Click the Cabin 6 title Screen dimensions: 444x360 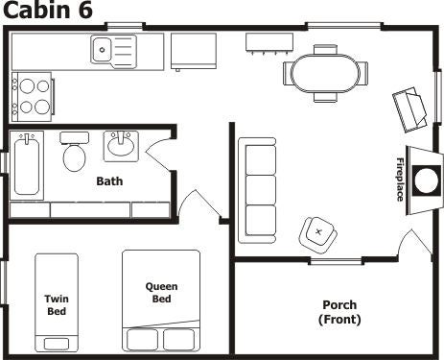coord(47,10)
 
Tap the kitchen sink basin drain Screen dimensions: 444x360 coord(102,50)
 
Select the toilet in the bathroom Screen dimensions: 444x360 coord(74,152)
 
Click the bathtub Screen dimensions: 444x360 coord(27,165)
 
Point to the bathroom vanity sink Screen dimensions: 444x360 coord(121,146)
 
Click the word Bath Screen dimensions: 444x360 coord(109,181)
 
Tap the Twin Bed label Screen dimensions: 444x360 coord(57,305)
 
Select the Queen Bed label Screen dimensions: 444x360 coord(161,293)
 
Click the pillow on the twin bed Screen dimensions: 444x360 coord(57,344)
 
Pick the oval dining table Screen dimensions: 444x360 coord(325,74)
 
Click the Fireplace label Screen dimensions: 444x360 coord(400,180)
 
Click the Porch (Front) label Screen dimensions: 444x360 coord(339,312)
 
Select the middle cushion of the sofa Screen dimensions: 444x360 coord(261,190)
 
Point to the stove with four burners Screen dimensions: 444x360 coord(32,97)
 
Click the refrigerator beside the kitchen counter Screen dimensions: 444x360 coord(194,51)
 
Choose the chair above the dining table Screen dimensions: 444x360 coord(325,49)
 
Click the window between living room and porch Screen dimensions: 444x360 coord(337,261)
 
